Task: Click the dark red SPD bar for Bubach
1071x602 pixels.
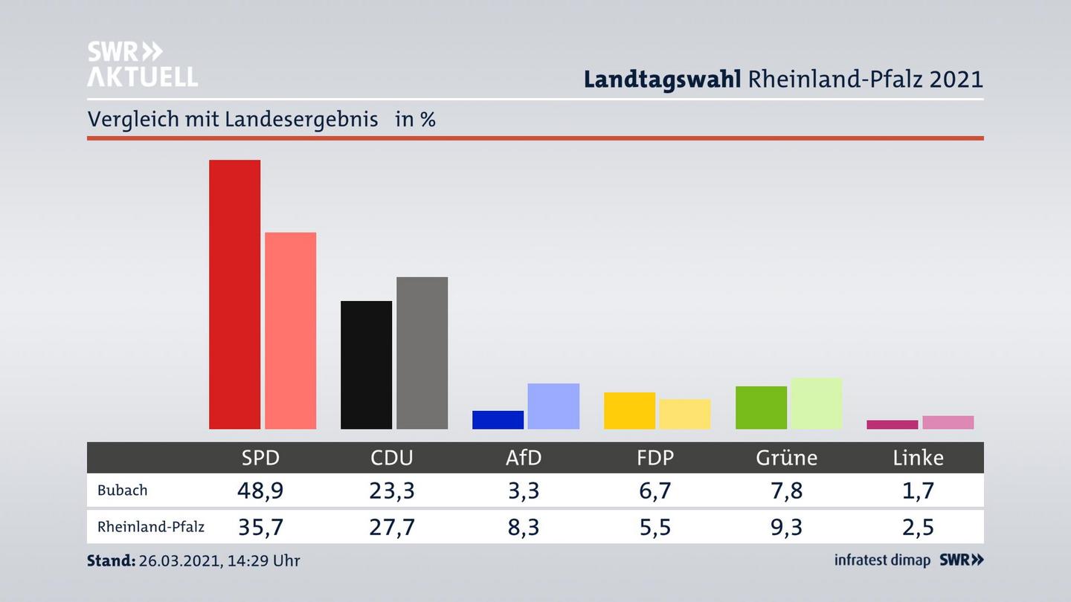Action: (234, 294)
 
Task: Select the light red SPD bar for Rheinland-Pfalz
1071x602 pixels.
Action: (290, 331)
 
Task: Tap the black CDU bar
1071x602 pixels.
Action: (366, 365)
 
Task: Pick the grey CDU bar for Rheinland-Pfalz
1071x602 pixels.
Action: (422, 353)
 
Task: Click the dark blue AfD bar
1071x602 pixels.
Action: (498, 420)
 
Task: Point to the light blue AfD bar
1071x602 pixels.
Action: (553, 406)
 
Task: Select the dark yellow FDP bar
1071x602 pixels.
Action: (629, 410)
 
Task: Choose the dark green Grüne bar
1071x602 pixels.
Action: (761, 407)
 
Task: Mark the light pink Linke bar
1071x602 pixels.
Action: (948, 422)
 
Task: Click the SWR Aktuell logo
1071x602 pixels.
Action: (143, 64)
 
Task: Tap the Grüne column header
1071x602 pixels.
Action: (786, 458)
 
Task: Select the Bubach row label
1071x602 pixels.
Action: (123, 491)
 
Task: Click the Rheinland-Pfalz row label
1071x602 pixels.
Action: (151, 527)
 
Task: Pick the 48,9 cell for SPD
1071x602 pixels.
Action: (260, 491)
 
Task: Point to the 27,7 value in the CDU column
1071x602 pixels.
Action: (392, 527)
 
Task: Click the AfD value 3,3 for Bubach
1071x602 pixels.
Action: (524, 491)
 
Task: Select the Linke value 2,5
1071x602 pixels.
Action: (918, 527)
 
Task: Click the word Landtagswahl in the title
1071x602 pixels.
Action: (662, 80)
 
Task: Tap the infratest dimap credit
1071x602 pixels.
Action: (882, 560)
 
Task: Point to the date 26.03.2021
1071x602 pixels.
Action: (178, 560)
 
